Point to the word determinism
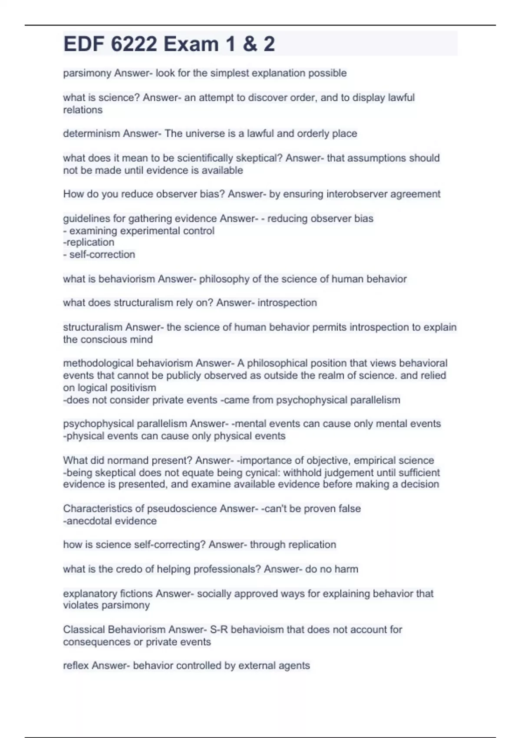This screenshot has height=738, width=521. coord(92,134)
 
